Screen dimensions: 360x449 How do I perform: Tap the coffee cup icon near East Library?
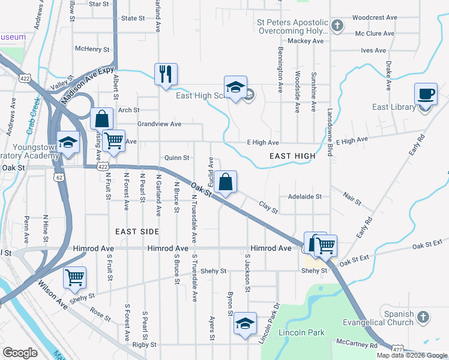click(x=426, y=94)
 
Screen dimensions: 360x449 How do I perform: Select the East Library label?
click(x=393, y=107)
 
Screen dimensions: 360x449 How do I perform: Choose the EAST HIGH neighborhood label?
click(x=292, y=156)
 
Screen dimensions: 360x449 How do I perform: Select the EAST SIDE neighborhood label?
click(x=137, y=231)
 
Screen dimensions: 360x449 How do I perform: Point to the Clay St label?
click(x=268, y=208)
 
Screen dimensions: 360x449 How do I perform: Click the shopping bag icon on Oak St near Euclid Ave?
click(x=225, y=182)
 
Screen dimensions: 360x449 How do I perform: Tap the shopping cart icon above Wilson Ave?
click(x=74, y=278)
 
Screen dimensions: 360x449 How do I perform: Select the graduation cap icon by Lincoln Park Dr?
click(x=245, y=323)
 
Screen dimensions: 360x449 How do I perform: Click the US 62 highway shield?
click(x=58, y=178)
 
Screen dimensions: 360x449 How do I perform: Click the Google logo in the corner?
click(x=20, y=353)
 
